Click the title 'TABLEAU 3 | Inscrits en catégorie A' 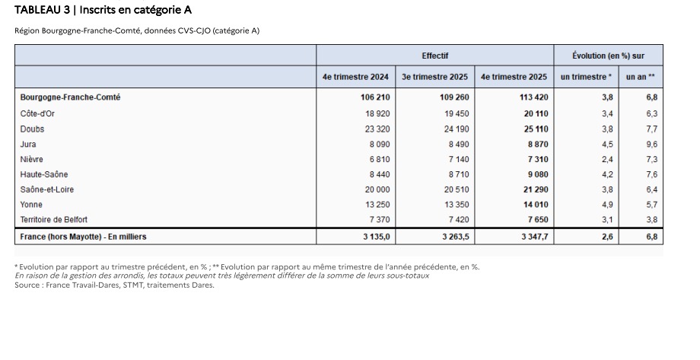103,9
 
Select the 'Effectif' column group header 434,56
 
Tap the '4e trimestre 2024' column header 356,77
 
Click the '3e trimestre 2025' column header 434,77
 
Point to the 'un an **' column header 641,77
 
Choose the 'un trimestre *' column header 586,77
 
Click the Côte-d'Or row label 37,113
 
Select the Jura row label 28,144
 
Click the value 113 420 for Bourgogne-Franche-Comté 531,98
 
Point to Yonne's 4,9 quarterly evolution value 607,205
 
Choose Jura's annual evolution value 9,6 651,144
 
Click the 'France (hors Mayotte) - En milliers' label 84,237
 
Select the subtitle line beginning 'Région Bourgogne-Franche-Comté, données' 137,31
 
